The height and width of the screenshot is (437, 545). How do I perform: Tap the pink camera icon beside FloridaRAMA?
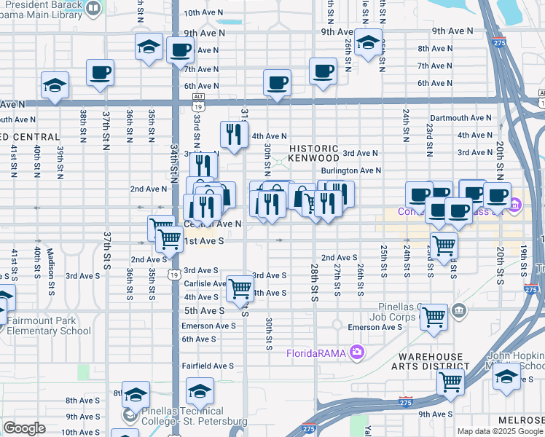tap(356, 353)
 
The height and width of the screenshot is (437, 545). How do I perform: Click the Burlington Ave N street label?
tap(351, 170)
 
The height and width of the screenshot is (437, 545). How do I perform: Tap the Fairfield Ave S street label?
tap(208, 366)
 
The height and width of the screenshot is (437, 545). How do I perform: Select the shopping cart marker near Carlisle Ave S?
tap(240, 288)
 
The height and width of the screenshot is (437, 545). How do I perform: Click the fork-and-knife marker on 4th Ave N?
tap(233, 133)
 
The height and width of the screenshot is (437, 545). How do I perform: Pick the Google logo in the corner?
tap(24, 428)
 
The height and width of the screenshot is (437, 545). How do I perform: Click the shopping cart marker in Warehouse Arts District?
tap(451, 379)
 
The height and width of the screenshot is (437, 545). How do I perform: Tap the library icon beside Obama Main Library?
tap(93, 8)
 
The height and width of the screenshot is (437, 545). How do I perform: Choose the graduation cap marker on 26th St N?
tap(368, 42)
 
